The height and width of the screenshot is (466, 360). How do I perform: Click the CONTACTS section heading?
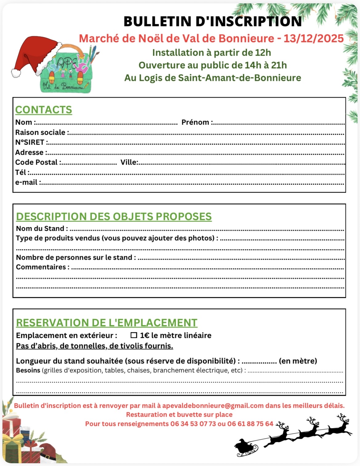[x=43, y=110]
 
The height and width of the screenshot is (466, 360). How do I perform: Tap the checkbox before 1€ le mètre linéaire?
[x=134, y=335]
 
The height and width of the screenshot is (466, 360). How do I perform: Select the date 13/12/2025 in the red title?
[x=314, y=38]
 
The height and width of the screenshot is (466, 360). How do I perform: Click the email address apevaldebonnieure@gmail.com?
[x=213, y=406]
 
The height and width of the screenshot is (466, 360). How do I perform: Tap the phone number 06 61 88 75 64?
[x=250, y=424]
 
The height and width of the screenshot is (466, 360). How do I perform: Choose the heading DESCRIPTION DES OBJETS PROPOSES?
[x=114, y=217]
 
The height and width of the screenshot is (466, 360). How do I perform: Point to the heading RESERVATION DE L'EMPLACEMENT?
[x=106, y=323]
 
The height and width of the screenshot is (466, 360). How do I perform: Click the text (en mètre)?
[x=298, y=361]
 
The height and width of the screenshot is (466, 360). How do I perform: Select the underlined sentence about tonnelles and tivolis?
[x=94, y=346]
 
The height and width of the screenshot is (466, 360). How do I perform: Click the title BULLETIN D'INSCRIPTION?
[x=213, y=22]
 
